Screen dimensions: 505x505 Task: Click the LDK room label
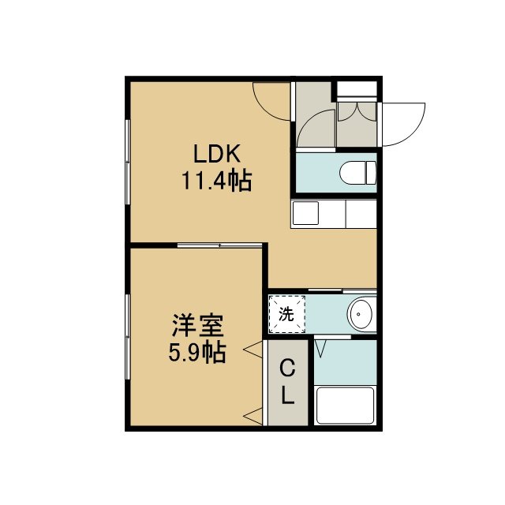[217, 154]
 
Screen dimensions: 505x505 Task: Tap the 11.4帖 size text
[216, 181]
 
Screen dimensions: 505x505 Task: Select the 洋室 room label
[198, 325]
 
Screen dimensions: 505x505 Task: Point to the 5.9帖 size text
[197, 353]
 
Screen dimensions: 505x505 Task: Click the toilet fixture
[357, 173]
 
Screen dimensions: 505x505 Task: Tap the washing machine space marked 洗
[286, 314]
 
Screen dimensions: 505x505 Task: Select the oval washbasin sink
[361, 314]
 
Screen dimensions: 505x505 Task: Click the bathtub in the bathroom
[346, 405]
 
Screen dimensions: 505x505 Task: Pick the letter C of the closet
[287, 368]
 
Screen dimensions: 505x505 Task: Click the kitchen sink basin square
[305, 213]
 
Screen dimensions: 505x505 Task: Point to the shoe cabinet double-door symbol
[357, 111]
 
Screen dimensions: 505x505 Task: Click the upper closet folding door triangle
[252, 350]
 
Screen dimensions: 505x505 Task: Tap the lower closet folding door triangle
[252, 417]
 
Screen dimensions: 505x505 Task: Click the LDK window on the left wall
[128, 162]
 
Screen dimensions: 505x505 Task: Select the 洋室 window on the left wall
[128, 337]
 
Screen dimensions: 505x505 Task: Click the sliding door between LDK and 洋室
[220, 245]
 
